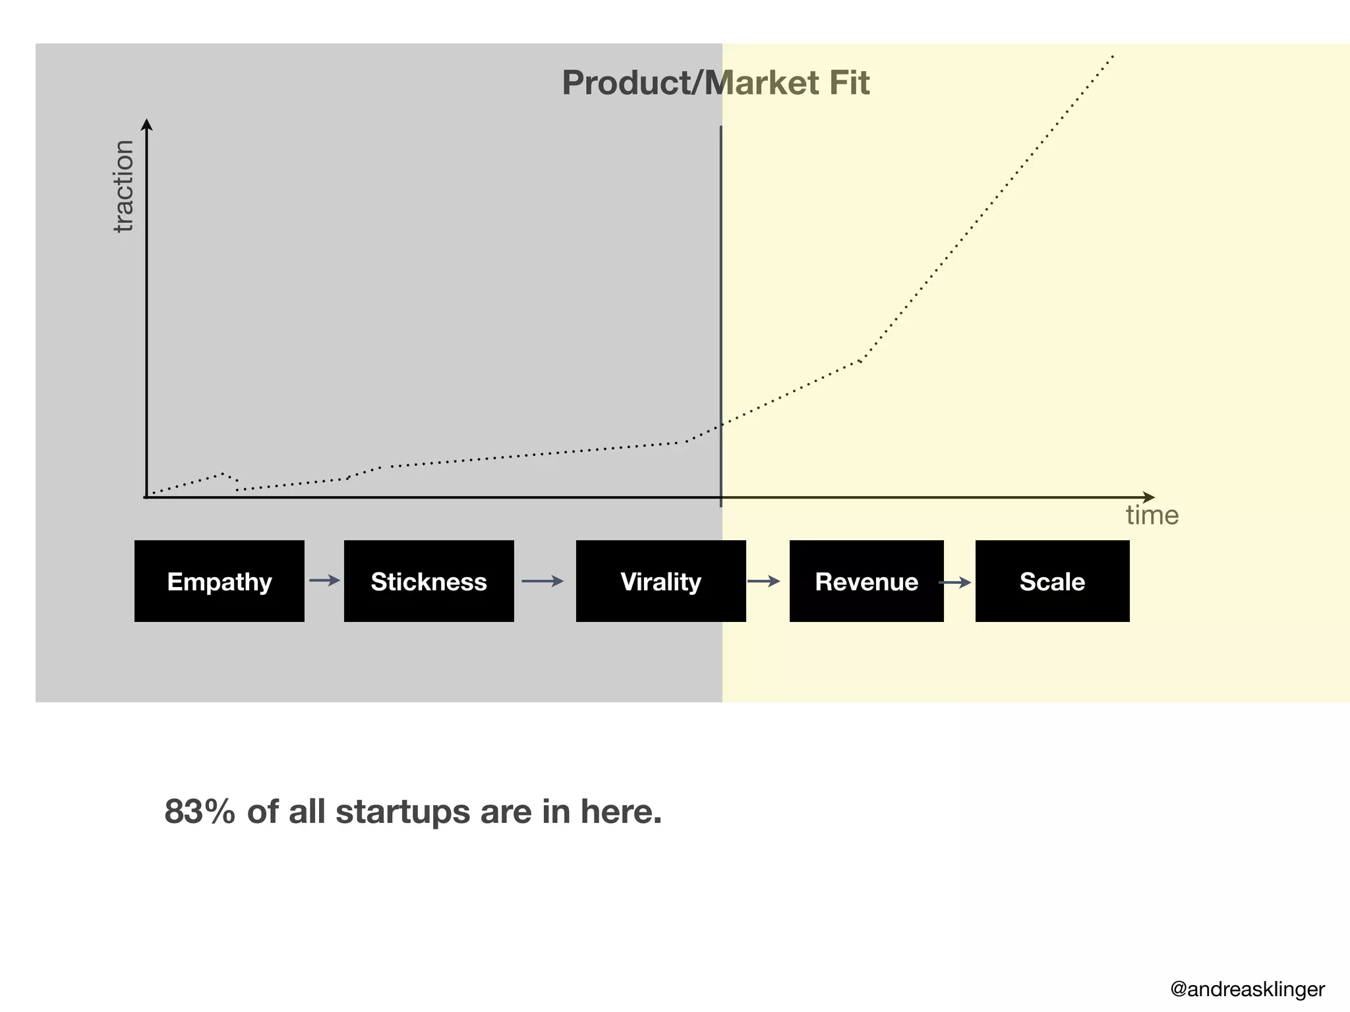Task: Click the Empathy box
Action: pos(219,581)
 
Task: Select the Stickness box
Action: pos(428,581)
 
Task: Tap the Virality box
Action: pos(660,581)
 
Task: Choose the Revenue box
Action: pos(866,581)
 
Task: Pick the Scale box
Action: pos(1052,581)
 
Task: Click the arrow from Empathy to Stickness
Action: pos(324,580)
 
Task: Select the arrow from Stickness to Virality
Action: pos(542,581)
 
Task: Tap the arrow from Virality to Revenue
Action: pos(764,581)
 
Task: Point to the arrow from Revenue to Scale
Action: pos(955,582)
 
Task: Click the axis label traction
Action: pos(123,186)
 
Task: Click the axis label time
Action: pos(1152,515)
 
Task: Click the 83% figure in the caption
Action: pos(199,812)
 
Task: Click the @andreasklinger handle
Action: pos(1247,989)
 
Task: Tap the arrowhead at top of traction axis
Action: pos(147,124)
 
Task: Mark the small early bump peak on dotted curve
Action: pos(223,473)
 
